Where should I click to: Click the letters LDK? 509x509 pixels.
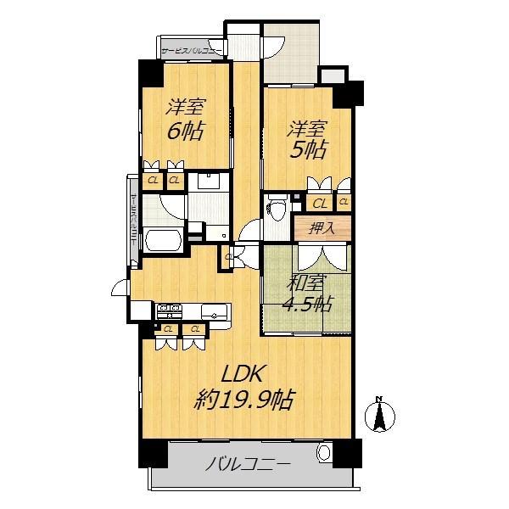tap(246, 374)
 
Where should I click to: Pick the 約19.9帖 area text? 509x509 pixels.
tap(244, 400)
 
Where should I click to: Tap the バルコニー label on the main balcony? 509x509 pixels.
tap(249, 465)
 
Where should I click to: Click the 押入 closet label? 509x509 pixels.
tap(320, 228)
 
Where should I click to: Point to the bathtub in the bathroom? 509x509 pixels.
tap(162, 239)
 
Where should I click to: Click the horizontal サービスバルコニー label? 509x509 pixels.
tap(192, 50)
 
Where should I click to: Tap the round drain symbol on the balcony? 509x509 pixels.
tap(324, 456)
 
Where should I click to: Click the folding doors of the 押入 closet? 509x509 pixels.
tap(320, 255)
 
